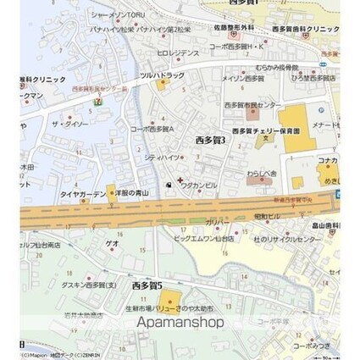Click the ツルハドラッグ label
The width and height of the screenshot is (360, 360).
click(x=162, y=75)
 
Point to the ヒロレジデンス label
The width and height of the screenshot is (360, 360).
click(x=177, y=53)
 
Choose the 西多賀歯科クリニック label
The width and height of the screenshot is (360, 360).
click(x=306, y=29)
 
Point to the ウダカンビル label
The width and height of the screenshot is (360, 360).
click(x=199, y=185)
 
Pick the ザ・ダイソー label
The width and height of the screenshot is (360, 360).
click(x=69, y=125)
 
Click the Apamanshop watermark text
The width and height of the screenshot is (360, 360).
click(x=180, y=322)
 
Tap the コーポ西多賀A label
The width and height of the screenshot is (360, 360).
click(x=152, y=129)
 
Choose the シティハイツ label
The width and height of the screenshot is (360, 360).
click(x=161, y=157)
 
